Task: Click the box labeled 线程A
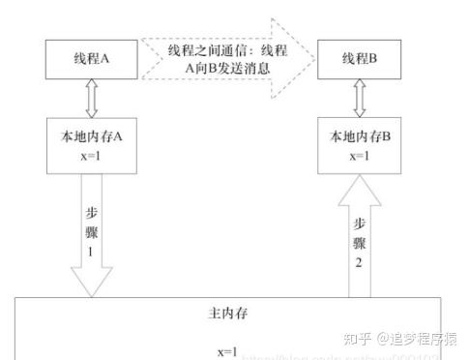(92, 58)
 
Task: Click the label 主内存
(228, 315)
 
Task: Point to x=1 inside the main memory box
(228, 349)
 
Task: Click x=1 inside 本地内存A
(93, 155)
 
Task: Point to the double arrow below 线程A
(93, 97)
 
